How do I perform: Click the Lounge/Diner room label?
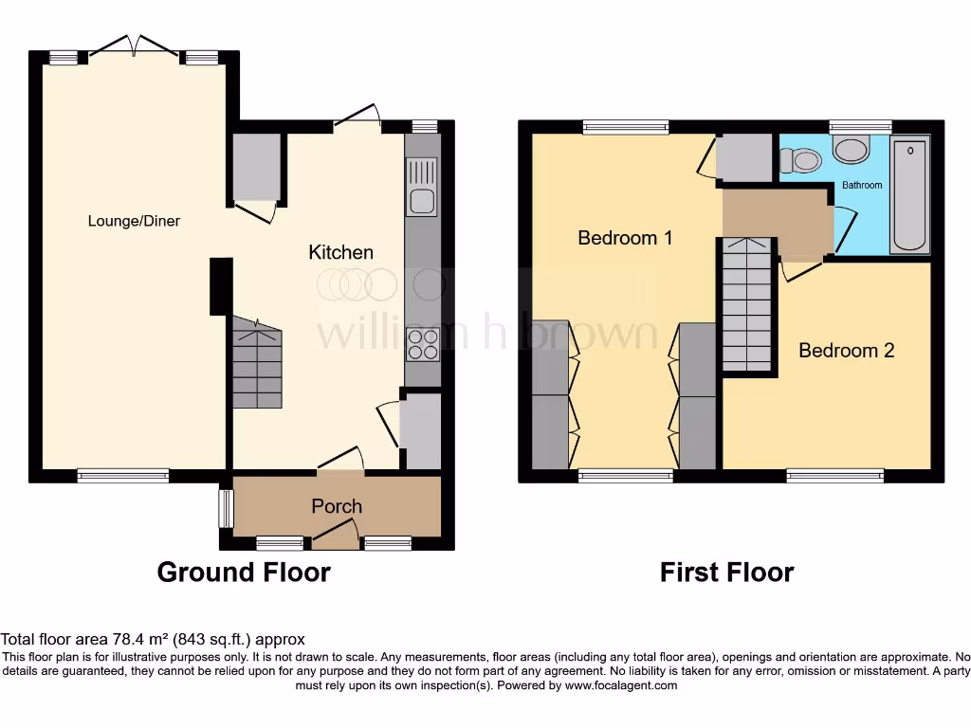click(134, 221)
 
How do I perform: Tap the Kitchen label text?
click(340, 252)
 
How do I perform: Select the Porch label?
click(337, 506)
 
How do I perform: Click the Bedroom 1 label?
click(625, 237)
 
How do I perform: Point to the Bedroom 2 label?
click(846, 351)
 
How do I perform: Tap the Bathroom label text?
click(862, 185)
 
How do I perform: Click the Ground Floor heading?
click(244, 573)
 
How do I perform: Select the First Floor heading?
click(726, 573)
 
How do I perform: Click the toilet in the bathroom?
click(802, 160)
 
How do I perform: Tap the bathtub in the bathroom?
click(910, 195)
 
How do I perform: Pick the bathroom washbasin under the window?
click(851, 149)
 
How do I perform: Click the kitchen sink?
click(422, 187)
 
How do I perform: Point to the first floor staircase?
click(747, 304)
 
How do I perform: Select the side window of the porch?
click(226, 508)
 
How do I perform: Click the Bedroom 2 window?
click(834, 475)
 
